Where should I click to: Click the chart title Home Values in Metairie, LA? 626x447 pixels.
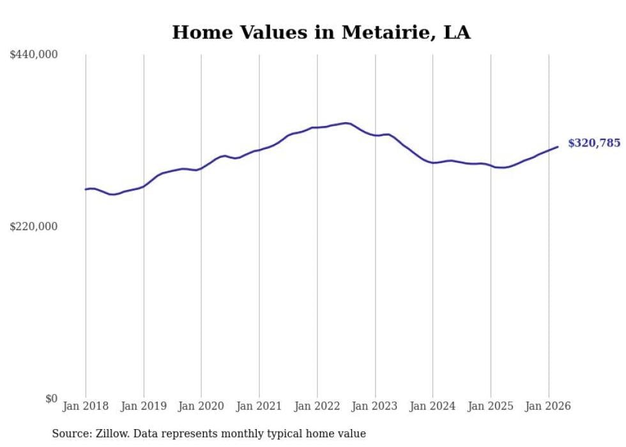tap(321, 33)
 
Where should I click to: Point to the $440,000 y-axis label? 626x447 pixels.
tap(34, 55)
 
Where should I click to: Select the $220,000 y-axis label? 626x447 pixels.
tap(34, 226)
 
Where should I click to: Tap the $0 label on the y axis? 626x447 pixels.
tap(51, 398)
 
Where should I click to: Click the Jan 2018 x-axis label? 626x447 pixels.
tap(86, 406)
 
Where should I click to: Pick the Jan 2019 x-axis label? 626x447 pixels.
tap(144, 406)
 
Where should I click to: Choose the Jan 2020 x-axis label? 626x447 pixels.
tap(201, 406)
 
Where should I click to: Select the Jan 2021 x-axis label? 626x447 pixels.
tap(259, 406)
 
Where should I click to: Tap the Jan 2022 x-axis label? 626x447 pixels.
tap(317, 406)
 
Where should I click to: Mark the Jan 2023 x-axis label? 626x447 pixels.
tap(375, 406)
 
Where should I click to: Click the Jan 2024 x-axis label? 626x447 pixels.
tap(432, 406)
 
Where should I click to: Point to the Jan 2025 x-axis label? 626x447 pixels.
tap(491, 406)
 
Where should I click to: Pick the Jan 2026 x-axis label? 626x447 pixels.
tap(548, 406)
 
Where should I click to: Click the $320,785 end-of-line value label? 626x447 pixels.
tap(594, 143)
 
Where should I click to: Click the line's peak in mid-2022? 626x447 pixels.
tap(346, 123)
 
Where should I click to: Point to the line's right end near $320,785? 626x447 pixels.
tap(558, 147)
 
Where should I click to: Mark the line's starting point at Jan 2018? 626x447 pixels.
tap(86, 189)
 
